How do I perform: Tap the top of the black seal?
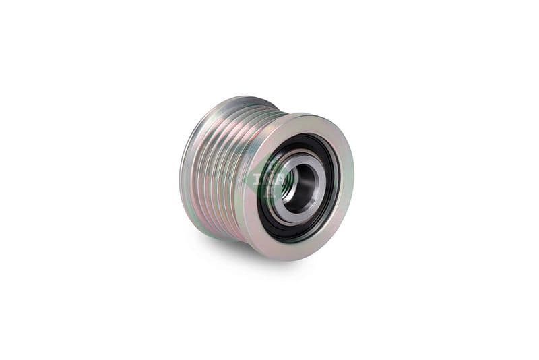click(307, 136)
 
